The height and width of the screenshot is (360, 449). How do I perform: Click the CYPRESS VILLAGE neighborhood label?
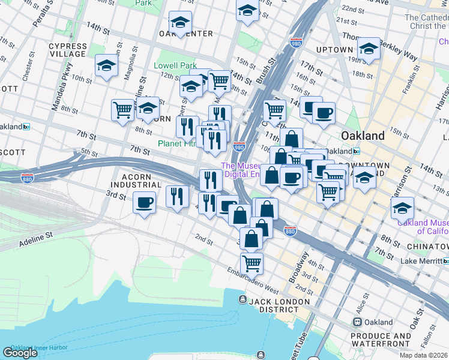click(67, 50)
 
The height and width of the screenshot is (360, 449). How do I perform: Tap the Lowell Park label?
click(175, 65)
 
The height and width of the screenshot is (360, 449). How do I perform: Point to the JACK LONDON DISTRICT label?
click(280, 305)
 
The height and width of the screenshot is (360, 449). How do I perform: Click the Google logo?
click(20, 353)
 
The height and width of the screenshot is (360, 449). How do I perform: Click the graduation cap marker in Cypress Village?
click(106, 65)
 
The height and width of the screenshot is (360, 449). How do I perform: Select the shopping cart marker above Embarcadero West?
click(252, 263)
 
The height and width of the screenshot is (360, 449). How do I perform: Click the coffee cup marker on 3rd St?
click(144, 203)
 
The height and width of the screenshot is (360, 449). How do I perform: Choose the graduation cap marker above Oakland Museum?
click(402, 208)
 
